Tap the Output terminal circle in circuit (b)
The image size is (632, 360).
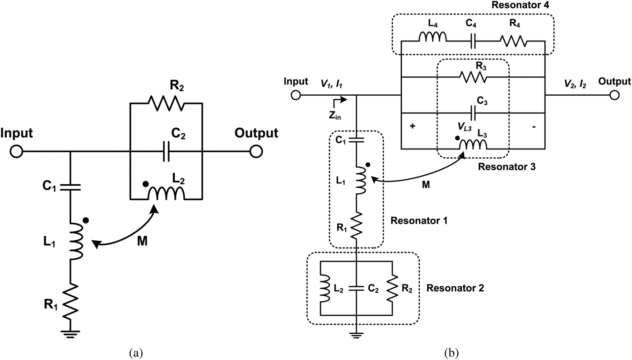(614, 95)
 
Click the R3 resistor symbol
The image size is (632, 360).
(473, 77)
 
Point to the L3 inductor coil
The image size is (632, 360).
(473, 145)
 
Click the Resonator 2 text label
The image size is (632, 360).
(455, 288)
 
